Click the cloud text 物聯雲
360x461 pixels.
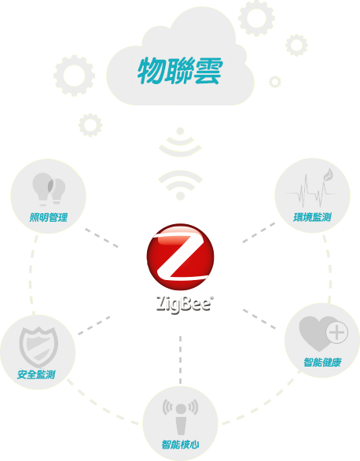tap(180, 71)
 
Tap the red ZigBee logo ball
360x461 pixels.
tap(180, 256)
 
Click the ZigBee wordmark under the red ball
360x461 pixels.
tap(184, 304)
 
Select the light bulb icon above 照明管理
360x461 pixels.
tap(49, 189)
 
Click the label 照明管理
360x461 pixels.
tap(49, 218)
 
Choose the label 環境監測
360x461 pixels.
tap(312, 217)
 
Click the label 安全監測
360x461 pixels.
tap(36, 374)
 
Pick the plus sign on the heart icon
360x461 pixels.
tap(336, 333)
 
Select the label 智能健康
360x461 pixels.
tap(322, 362)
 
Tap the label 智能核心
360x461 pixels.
tap(180, 444)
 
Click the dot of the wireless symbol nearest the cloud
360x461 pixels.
tap(180, 131)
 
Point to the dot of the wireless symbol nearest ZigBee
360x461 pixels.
tap(180, 196)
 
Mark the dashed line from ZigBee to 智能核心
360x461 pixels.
tap(180, 360)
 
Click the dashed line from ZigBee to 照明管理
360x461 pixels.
tap(101, 238)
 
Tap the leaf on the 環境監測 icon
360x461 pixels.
tap(328, 174)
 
